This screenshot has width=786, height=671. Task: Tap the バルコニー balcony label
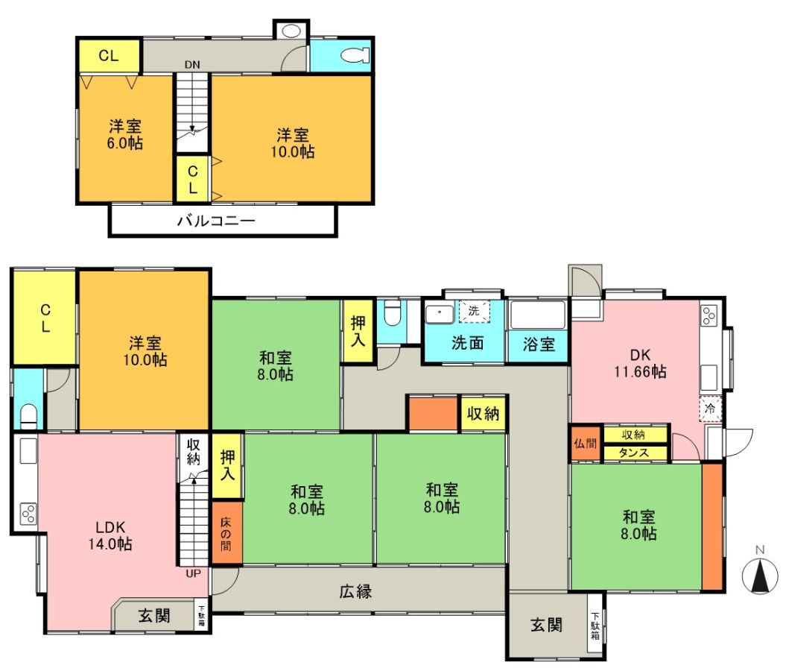216,221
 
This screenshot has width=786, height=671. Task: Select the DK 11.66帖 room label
640,363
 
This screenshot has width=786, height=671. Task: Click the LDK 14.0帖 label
110,535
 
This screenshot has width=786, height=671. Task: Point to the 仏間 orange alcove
586,443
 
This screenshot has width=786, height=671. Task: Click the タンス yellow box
635,453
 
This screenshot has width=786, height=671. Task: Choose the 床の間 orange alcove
226,532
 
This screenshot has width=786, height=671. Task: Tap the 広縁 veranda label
355,592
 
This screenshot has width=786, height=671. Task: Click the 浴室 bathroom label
539,344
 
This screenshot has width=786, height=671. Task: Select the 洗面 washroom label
468,343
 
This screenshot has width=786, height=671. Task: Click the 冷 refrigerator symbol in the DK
710,409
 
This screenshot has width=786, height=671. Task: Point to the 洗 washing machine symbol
474,311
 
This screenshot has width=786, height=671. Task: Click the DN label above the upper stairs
192,65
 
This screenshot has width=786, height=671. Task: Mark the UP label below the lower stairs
194,573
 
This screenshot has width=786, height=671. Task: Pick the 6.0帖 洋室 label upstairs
125,134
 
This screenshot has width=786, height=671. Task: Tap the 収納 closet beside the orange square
483,414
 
